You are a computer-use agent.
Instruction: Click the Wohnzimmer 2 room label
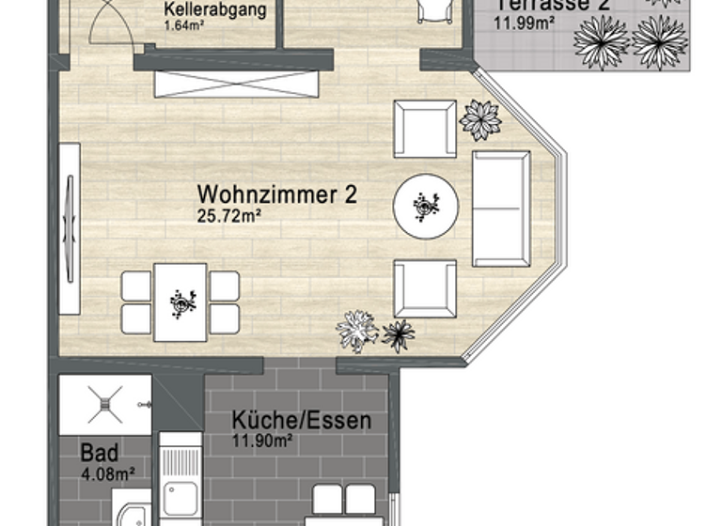coord(277,194)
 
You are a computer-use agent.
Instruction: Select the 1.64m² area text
coord(184,26)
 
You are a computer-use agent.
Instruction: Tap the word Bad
coord(99,452)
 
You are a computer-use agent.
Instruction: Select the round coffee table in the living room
coord(426,204)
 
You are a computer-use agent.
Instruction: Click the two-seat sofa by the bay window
coord(500,208)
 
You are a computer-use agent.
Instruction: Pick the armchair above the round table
coord(425,129)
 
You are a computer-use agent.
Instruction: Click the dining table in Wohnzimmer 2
coord(180,302)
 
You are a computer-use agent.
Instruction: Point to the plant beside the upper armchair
coord(480,119)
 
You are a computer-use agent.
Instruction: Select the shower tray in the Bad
coord(104,405)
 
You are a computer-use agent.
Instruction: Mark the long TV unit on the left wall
coord(69,228)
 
